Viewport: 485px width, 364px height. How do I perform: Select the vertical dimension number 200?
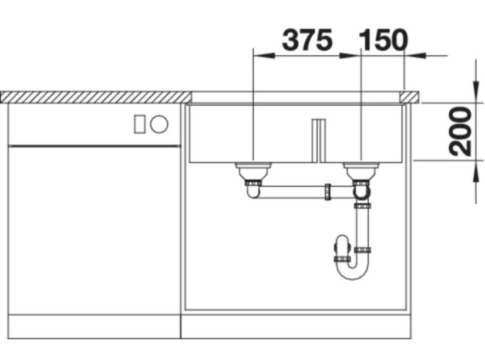point(460,131)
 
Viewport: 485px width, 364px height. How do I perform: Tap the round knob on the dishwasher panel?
point(159,124)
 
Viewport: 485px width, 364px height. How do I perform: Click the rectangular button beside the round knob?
point(140,124)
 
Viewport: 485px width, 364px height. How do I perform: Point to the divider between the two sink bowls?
point(319,140)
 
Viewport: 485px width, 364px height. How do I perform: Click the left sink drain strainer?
point(253,169)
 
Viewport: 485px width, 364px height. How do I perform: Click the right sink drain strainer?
point(361,169)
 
